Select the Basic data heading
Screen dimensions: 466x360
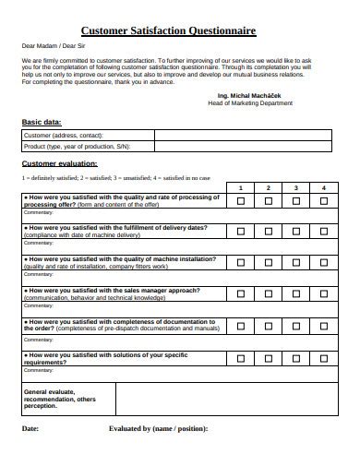click(x=42, y=122)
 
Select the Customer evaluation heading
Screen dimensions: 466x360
click(x=59, y=163)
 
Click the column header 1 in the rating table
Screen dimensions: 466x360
click(x=241, y=188)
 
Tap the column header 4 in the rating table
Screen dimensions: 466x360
click(x=324, y=188)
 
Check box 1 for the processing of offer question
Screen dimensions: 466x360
click(x=241, y=201)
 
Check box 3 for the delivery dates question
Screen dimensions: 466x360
click(x=296, y=232)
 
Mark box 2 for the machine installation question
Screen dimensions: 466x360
click(x=269, y=262)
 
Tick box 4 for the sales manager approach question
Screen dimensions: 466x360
click(x=324, y=293)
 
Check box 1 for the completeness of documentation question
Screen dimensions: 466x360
click(x=241, y=325)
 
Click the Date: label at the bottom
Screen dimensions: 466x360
click(x=30, y=429)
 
